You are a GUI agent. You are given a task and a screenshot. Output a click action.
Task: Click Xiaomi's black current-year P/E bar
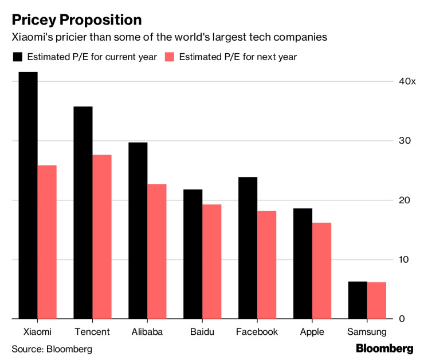coord(28,195)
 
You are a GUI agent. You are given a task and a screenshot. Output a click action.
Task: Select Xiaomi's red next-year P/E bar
coord(47,242)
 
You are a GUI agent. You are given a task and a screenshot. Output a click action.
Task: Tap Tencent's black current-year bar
coord(83,212)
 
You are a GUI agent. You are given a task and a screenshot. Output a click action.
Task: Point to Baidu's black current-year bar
coord(193,254)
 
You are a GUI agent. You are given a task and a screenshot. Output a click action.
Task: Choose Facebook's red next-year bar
coord(266,264)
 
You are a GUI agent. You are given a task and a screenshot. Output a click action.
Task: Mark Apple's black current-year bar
coord(303,263)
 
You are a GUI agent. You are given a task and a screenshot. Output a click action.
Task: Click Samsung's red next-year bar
coord(376,300)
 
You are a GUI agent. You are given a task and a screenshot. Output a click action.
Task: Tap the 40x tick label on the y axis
coord(407,81)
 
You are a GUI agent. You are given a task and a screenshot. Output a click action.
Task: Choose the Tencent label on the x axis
coord(92,332)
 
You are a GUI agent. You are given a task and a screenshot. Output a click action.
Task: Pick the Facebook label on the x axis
coord(257,332)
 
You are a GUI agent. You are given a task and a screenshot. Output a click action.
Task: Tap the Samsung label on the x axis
coord(367,332)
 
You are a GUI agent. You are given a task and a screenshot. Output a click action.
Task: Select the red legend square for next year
coord(169,57)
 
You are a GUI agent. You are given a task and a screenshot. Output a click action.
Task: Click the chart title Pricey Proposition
coord(77,20)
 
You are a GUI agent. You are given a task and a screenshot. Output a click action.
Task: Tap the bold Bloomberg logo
coord(384,348)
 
